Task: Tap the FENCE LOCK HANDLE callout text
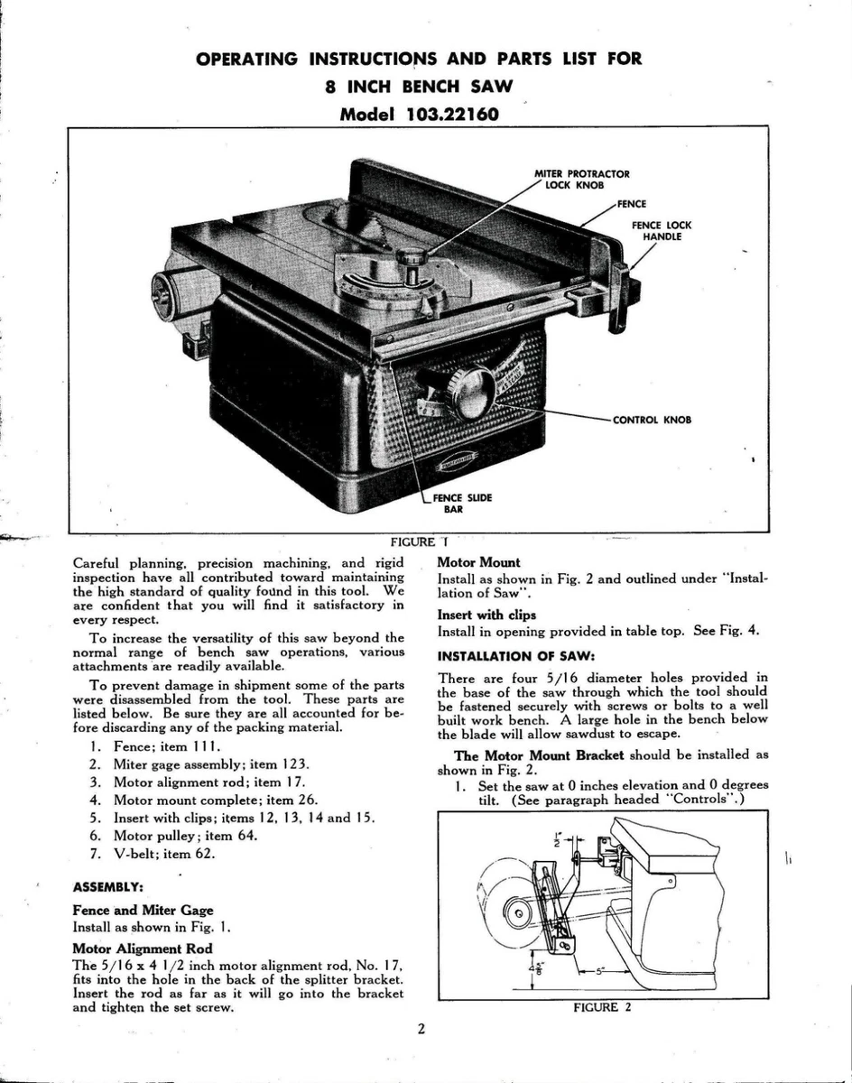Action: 662,231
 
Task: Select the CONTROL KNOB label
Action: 652,421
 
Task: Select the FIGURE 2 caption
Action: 602,1008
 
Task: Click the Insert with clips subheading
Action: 486,616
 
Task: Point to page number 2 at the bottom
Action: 421,1029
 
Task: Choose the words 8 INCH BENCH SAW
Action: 419,88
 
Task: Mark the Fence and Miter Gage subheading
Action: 143,910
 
